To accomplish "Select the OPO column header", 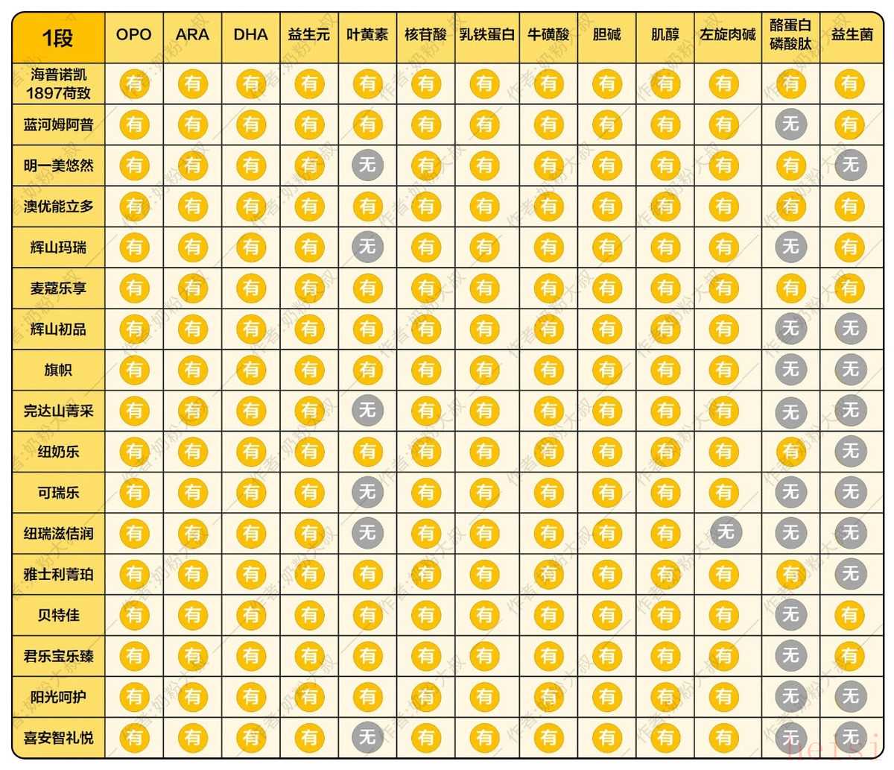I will point(134,35).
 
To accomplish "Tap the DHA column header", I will point(251,35).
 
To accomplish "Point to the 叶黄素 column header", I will point(367,35).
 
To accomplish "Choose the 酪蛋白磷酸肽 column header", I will point(790,35).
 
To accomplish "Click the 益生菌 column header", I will point(851,35).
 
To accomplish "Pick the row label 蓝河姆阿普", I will point(58,125).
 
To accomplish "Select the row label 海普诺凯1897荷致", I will point(58,83).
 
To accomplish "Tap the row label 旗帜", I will point(58,370).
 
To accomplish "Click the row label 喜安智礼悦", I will point(58,738).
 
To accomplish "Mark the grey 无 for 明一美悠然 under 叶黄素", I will point(367,165).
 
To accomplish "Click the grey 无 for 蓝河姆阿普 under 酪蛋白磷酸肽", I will point(790,124).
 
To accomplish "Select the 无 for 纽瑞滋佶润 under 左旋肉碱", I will point(724,533).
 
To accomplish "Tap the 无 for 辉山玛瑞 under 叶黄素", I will point(367,247).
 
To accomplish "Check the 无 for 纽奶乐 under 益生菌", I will point(850,452).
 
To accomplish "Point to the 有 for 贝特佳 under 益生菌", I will point(850,615).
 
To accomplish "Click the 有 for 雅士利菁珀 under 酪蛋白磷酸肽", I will point(790,574).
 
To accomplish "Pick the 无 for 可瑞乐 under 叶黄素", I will point(367,493).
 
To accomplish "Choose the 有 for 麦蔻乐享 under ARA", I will point(193,288).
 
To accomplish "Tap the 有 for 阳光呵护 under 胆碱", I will point(607,697).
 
